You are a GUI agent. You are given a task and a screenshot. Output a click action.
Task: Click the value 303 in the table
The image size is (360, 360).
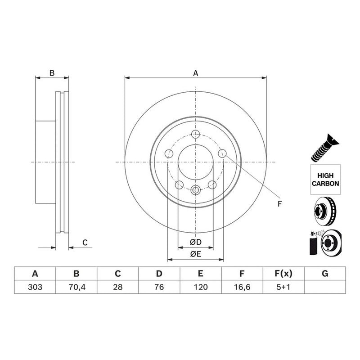pos(35,287)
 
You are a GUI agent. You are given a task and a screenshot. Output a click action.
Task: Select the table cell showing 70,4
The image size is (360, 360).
pos(76,287)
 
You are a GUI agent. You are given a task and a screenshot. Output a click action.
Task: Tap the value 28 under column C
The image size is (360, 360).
pos(118,287)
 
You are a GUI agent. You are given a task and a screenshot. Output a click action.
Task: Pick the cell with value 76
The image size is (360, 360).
pos(159,287)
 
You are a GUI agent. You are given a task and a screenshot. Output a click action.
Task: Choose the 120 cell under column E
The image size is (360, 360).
pos(201,287)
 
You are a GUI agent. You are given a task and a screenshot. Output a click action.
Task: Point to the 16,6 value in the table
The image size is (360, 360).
pos(242,287)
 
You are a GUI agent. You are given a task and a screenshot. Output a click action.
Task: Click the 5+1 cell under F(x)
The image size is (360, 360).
pos(283,287)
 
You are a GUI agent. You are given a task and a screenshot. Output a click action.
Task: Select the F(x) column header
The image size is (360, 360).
pos(283,274)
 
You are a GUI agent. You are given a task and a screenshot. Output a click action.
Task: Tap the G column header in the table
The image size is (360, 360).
pos(325,274)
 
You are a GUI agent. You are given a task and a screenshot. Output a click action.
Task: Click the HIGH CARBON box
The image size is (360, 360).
pos(325,180)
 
